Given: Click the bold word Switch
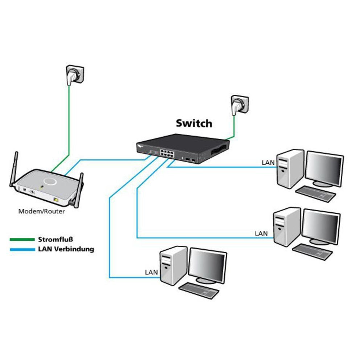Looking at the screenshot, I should pos(194,123).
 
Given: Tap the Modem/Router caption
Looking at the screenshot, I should pos(42,211).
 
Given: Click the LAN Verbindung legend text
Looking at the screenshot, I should pos(66,249).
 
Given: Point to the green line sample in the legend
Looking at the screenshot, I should pos(21,240).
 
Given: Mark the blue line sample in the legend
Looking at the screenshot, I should pos(21,249).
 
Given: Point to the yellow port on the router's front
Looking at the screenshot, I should pos(56,200).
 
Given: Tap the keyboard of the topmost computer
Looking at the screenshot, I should pos(315,194).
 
